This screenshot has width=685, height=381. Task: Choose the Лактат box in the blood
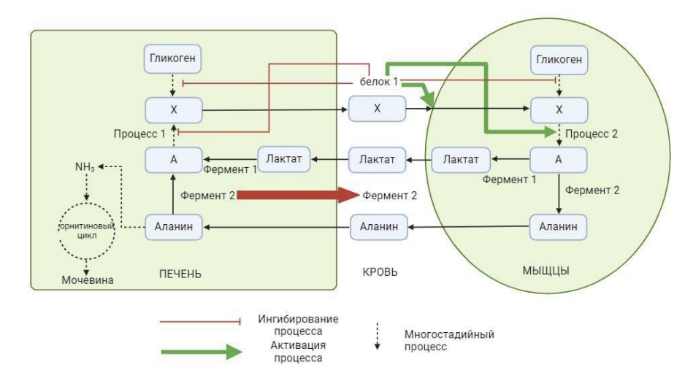377,158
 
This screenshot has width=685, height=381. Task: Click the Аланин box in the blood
377,226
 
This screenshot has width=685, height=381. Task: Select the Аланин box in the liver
172,226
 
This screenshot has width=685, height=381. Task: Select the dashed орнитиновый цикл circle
85,226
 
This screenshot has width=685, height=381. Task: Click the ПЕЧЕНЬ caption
180,273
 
